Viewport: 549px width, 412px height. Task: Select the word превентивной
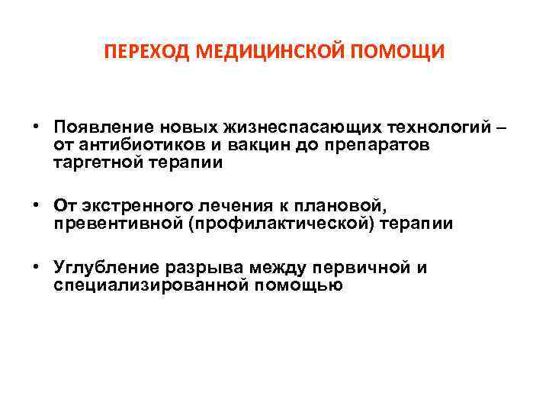point(109,224)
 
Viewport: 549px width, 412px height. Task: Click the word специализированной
point(153,285)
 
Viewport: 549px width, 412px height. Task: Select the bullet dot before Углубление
point(36,266)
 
